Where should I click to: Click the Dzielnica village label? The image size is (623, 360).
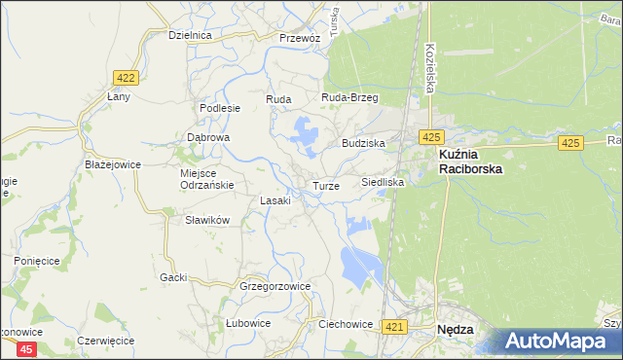click(x=190, y=35)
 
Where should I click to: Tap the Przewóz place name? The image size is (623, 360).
click(x=299, y=38)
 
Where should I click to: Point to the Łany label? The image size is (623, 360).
click(x=119, y=97)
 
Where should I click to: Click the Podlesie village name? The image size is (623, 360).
click(x=219, y=108)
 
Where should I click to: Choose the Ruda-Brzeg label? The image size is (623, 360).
click(x=349, y=98)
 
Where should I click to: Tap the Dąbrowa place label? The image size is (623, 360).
click(x=207, y=138)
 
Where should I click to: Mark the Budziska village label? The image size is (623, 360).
click(x=363, y=143)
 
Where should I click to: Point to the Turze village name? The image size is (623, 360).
click(x=326, y=186)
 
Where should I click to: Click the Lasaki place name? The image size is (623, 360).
click(x=275, y=200)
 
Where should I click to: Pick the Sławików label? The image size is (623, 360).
click(x=206, y=220)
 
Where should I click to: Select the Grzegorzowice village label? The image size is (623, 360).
click(x=275, y=287)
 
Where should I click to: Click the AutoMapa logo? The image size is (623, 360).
click(x=563, y=342)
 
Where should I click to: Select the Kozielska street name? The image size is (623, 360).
click(x=429, y=68)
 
